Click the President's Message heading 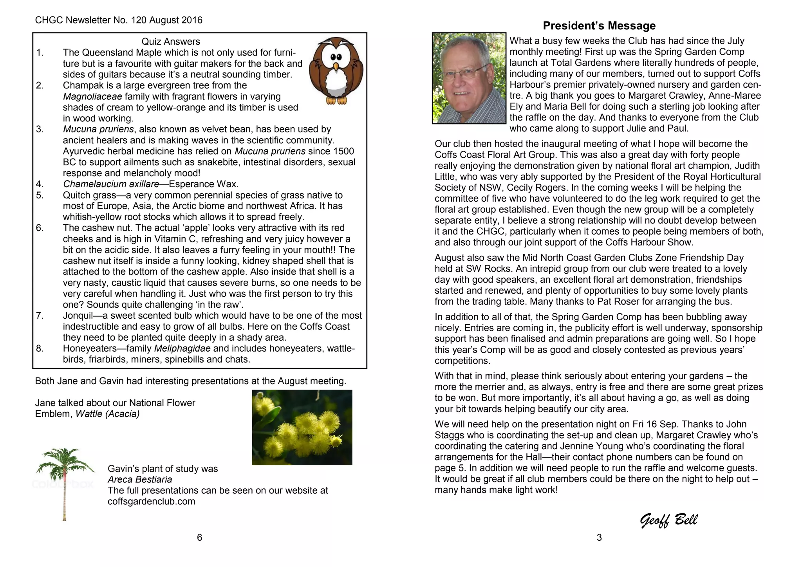599,26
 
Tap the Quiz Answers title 171,42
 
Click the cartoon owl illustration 336,70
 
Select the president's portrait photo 469,78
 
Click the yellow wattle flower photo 302,427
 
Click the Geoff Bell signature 668,520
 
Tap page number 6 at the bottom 199,538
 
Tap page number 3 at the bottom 599,538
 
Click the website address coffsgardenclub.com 151,502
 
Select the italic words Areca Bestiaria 140,480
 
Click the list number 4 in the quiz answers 40,184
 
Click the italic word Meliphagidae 182,349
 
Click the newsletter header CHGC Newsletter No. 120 119,20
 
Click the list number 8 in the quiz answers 40,349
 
